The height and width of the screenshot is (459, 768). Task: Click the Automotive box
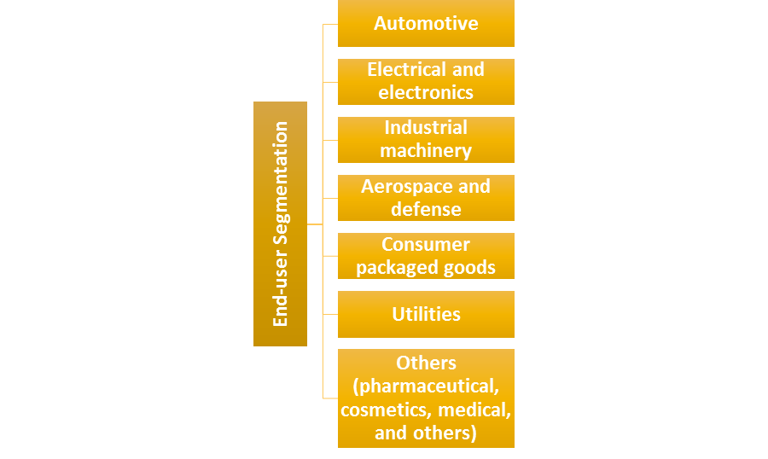pyautogui.click(x=426, y=23)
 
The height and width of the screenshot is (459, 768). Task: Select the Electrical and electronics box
pyautogui.click(x=426, y=81)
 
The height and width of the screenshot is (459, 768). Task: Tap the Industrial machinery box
pyautogui.click(x=426, y=139)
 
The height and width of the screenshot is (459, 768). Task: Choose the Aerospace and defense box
pyautogui.click(x=426, y=197)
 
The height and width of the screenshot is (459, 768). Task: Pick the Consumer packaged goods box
pyautogui.click(x=426, y=255)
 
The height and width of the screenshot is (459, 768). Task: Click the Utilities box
pyautogui.click(x=426, y=314)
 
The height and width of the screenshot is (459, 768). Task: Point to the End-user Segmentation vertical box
pyautogui.click(x=280, y=224)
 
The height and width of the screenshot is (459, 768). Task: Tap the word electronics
pyautogui.click(x=426, y=92)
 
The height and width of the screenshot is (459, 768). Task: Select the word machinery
pyautogui.click(x=426, y=151)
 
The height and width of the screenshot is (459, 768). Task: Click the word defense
pyautogui.click(x=426, y=209)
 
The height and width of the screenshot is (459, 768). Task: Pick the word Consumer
pyautogui.click(x=426, y=244)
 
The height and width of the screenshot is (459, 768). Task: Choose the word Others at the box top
pyautogui.click(x=426, y=362)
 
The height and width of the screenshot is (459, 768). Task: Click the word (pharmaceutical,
pyautogui.click(x=426, y=386)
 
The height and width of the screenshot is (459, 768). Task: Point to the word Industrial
pyautogui.click(x=426, y=128)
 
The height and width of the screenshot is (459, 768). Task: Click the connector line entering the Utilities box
pyautogui.click(x=330, y=314)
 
